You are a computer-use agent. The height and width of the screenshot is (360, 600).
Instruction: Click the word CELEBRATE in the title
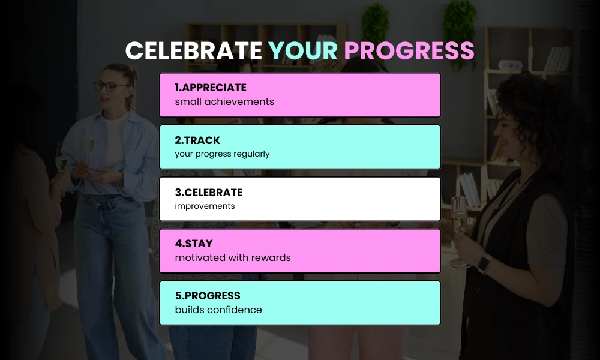(x=193, y=51)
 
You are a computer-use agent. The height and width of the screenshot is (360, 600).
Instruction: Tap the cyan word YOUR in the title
(x=303, y=51)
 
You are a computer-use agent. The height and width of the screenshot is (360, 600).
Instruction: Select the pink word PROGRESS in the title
(x=409, y=51)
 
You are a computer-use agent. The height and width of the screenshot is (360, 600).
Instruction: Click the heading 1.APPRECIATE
(x=210, y=88)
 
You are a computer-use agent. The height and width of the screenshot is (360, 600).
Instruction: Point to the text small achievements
(x=224, y=101)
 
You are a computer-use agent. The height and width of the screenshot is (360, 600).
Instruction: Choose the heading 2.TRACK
(x=197, y=140)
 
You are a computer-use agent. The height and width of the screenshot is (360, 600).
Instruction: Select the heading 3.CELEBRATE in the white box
(x=208, y=192)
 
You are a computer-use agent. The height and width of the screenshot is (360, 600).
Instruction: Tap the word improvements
(x=205, y=206)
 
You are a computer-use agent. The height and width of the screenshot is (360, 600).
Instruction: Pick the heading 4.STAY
(x=193, y=244)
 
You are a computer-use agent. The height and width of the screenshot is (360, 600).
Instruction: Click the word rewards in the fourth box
(x=271, y=257)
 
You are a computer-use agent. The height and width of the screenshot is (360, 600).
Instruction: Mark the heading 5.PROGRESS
(x=207, y=296)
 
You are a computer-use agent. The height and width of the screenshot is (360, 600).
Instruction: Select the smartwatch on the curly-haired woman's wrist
(x=484, y=263)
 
